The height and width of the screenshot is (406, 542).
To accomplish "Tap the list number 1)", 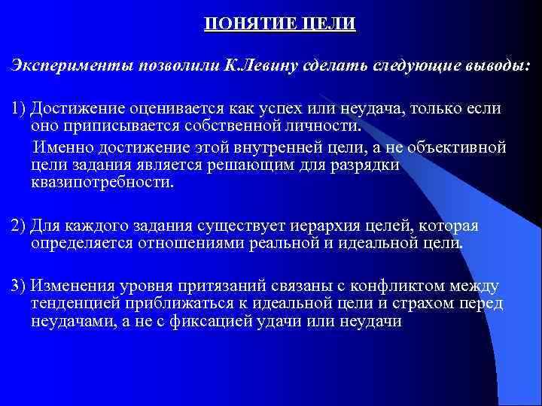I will (18, 109).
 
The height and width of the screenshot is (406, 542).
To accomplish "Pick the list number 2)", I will (18, 227).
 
